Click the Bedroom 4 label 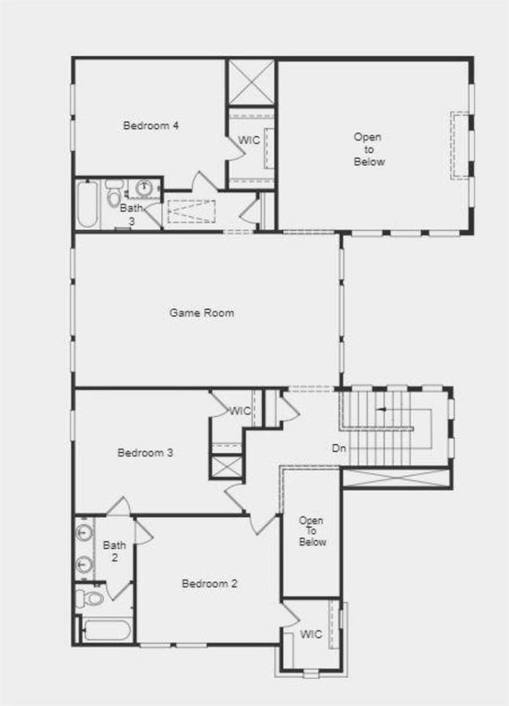[151, 126]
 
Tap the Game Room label [201, 313]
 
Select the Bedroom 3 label [145, 453]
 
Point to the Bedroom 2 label [209, 584]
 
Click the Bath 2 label [114, 551]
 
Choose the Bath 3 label [130, 214]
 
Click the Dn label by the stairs [338, 449]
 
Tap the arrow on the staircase [382, 409]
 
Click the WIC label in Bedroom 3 [240, 411]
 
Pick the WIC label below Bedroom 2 [310, 634]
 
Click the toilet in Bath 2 [90, 598]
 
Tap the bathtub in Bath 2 [105, 630]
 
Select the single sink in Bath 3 [143, 187]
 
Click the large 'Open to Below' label [368, 149]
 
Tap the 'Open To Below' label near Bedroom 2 [311, 531]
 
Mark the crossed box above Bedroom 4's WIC [252, 83]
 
